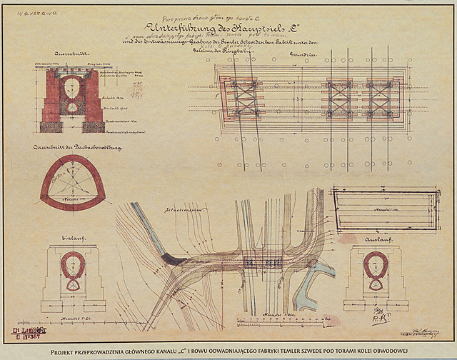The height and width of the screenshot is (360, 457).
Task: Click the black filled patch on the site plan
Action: coord(174,260)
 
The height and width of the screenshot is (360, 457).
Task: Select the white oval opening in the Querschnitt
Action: coord(71,89)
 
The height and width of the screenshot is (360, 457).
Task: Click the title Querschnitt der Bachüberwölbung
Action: coord(74,147)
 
